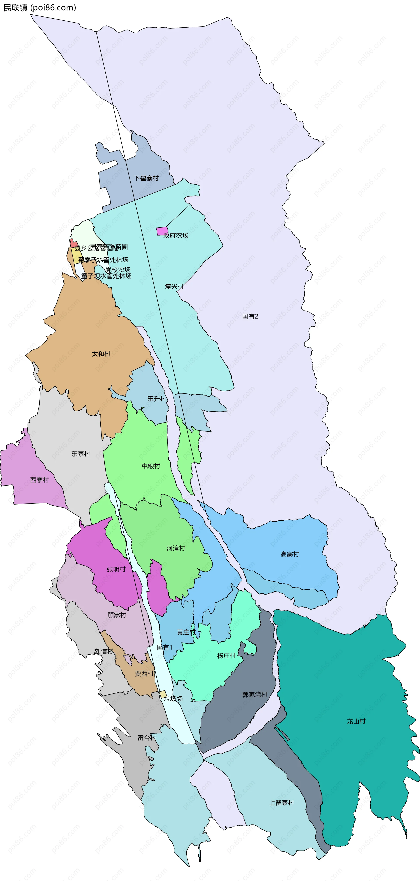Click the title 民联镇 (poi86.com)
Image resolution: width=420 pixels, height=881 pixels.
coord(40,7)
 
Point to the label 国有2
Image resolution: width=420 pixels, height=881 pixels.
coord(250,316)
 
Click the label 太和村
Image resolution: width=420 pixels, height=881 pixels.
coord(101,354)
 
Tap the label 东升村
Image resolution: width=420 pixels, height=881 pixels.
coord(157,398)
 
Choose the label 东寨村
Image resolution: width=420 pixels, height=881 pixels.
coord(81,454)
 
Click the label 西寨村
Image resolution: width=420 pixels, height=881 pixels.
coord(40,480)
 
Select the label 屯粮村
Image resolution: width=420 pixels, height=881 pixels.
coord(151,466)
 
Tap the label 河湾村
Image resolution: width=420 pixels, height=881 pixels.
coord(176,548)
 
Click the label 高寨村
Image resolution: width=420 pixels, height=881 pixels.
coord(290,554)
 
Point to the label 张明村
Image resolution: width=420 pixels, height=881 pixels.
coord(116,569)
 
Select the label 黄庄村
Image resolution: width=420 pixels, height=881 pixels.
coord(186,632)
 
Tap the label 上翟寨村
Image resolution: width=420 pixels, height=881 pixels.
coord(282,803)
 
